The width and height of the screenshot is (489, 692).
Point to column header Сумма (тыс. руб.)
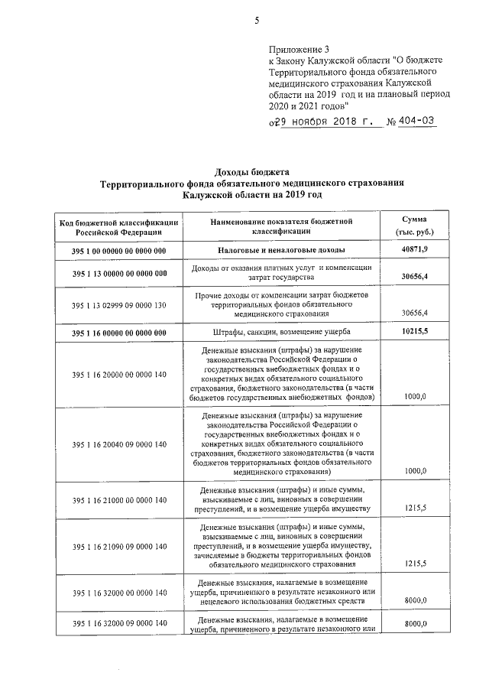(414, 225)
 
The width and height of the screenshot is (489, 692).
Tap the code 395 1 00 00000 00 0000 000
(119, 251)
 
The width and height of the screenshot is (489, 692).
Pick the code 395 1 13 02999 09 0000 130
(119, 304)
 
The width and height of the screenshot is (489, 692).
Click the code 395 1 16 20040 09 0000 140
(119, 444)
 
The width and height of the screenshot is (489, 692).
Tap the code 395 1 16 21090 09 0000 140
(119, 547)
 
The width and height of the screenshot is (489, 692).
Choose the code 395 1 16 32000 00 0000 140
(119, 593)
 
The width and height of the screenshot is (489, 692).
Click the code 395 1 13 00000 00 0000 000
(119, 273)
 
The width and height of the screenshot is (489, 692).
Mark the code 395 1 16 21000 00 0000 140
(119, 500)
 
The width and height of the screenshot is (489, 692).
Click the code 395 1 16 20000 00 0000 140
(119, 374)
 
